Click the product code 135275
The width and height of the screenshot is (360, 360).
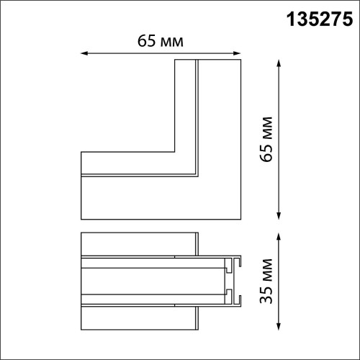tap(320, 19)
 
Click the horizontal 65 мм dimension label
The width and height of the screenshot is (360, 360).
tap(161, 41)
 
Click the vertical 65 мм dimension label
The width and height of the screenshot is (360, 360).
tap(266, 140)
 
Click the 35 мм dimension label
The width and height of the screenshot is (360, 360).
tap(266, 281)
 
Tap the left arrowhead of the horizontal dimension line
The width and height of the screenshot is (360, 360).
tap(84, 53)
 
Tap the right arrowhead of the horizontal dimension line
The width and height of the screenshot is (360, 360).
tap(238, 53)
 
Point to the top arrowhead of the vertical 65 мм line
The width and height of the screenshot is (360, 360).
tap(279, 63)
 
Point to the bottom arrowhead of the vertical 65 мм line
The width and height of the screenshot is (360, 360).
tap(279, 216)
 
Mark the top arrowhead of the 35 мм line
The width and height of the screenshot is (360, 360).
tap(279, 236)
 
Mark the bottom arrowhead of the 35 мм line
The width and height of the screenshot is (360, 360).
tap(279, 326)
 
